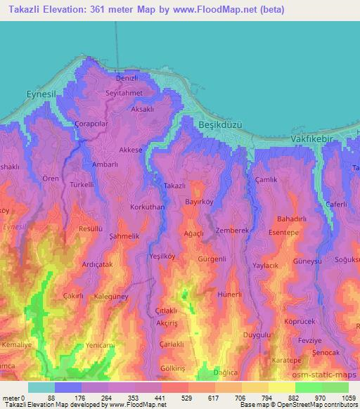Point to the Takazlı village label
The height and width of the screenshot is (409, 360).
click(x=174, y=186)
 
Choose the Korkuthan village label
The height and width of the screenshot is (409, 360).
click(x=148, y=208)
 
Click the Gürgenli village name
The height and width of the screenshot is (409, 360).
click(x=212, y=259)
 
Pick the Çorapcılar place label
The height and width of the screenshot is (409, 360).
click(x=89, y=123)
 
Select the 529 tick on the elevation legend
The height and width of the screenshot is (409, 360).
click(x=169, y=399)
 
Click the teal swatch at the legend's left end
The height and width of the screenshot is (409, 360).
click(x=41, y=387)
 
